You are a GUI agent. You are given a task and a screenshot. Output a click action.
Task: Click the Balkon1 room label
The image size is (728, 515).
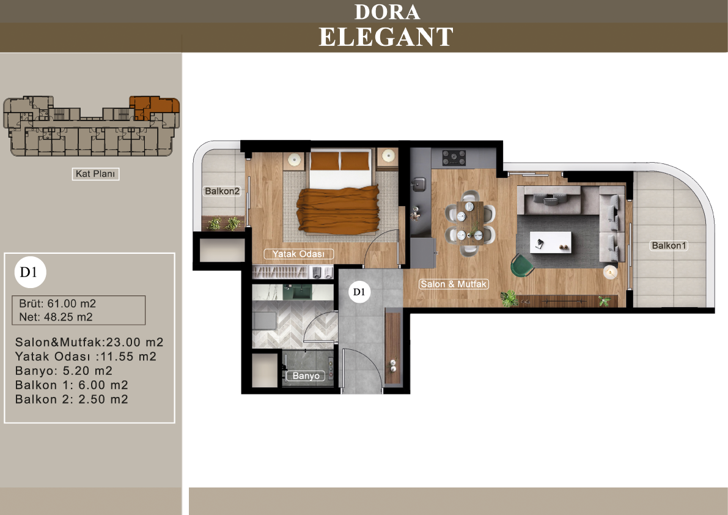669,246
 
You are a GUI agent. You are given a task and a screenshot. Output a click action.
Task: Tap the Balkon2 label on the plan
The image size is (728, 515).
222,191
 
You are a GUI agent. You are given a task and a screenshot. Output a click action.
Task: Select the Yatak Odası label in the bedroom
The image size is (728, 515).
298,254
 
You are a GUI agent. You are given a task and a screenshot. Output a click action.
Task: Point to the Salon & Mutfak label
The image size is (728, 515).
454,284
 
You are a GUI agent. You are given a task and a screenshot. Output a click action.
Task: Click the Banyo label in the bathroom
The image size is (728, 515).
306,376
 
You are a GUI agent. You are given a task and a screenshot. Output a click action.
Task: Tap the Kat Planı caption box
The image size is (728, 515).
95,174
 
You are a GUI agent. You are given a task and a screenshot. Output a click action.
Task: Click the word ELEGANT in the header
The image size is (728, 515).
386,37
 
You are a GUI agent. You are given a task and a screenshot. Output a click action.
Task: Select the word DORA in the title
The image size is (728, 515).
387,12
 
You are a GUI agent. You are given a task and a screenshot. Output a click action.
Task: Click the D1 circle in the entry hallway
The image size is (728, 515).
359,292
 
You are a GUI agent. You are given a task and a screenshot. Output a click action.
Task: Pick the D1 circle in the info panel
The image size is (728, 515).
30,272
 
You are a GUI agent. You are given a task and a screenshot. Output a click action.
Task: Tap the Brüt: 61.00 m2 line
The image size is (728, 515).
57,304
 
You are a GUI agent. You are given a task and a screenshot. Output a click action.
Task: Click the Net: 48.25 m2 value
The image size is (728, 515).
56,317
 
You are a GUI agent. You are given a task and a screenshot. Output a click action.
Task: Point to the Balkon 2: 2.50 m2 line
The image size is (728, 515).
72,399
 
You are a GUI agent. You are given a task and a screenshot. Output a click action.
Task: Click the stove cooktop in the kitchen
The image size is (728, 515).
454,157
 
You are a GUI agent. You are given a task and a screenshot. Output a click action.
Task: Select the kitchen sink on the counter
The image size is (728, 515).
419,184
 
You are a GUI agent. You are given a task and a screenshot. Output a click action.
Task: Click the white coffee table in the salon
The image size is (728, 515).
551,243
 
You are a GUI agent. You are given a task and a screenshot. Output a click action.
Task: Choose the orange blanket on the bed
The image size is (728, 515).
337,209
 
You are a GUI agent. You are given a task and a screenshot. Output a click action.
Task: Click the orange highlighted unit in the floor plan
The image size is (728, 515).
153,108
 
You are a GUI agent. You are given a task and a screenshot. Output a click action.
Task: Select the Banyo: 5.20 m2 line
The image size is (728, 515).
64,371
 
